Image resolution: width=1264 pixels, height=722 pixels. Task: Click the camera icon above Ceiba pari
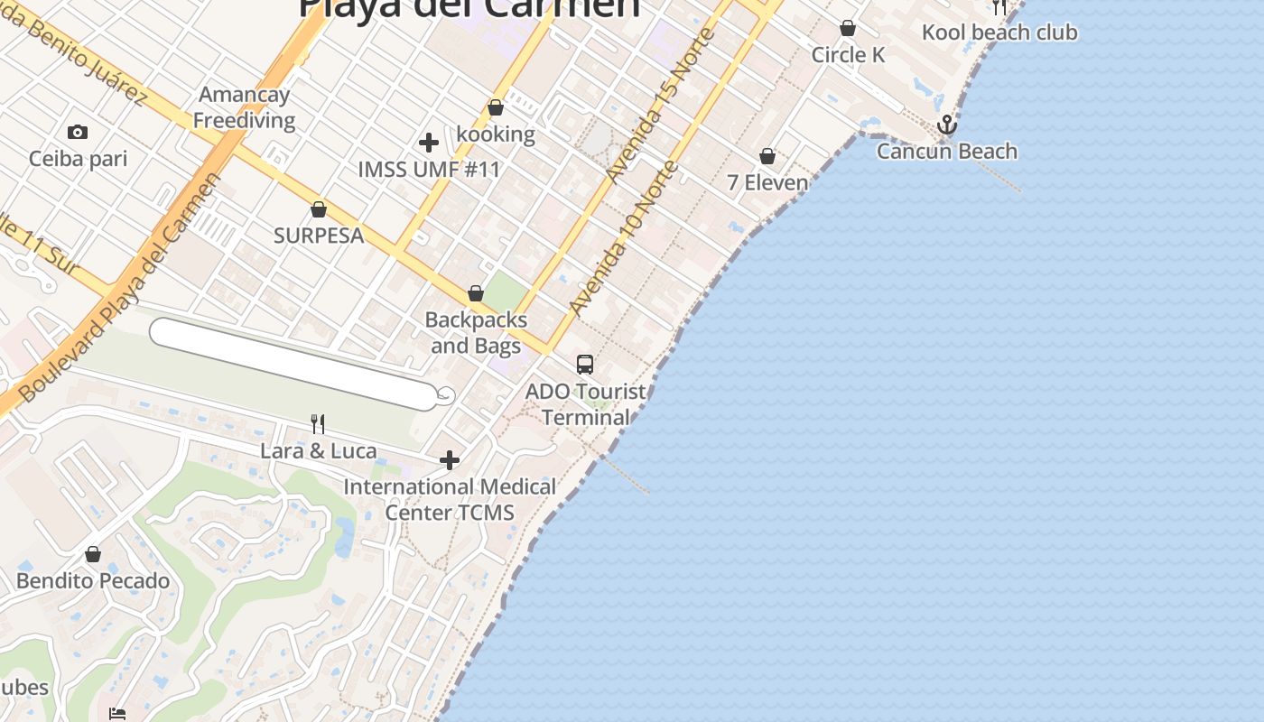pyautogui.click(x=78, y=133)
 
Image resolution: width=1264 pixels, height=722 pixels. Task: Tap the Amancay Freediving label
pyautogui.click(x=244, y=107)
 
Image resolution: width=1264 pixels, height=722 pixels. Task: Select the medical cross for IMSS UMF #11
pyautogui.click(x=429, y=143)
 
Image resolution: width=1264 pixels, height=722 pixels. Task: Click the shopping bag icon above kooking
pyautogui.click(x=496, y=108)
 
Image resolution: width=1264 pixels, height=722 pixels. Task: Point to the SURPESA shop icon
pyautogui.click(x=319, y=210)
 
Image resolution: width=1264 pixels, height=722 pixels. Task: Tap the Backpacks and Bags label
pyautogui.click(x=476, y=332)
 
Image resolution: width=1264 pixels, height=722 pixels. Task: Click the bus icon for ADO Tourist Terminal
pyautogui.click(x=585, y=365)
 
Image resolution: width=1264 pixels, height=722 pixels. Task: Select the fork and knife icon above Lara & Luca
pyautogui.click(x=318, y=424)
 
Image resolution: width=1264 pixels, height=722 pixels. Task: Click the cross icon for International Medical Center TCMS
pyautogui.click(x=449, y=461)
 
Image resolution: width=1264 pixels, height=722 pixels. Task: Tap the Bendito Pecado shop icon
pyautogui.click(x=93, y=554)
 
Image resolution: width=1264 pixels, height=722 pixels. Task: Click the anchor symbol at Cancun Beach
pyautogui.click(x=946, y=125)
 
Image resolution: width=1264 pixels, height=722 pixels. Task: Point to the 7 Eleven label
pyautogui.click(x=767, y=183)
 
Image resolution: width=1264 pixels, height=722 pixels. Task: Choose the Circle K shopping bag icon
pyautogui.click(x=848, y=29)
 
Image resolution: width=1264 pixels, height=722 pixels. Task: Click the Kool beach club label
pyautogui.click(x=999, y=32)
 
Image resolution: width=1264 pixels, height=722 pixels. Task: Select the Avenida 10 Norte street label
pyautogui.click(x=623, y=238)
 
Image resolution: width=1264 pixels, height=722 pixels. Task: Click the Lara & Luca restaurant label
pyautogui.click(x=319, y=450)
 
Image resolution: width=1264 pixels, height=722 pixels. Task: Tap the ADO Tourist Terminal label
pyautogui.click(x=585, y=404)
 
